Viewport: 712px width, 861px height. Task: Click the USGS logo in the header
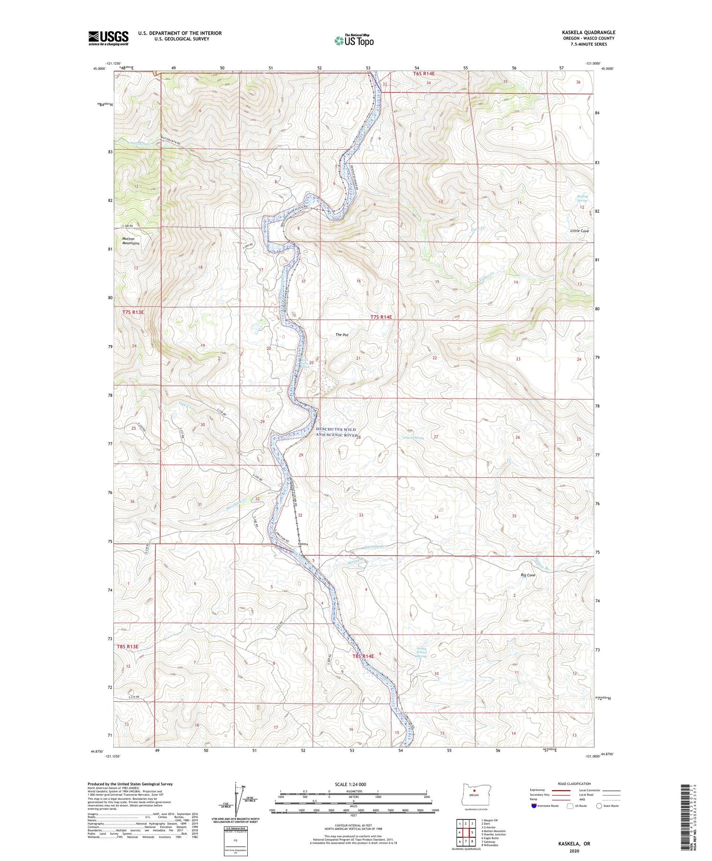pos(108,38)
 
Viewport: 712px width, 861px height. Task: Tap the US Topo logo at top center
pos(354,40)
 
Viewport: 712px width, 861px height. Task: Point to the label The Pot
pos(342,335)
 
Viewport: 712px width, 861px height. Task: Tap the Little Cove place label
pos(580,231)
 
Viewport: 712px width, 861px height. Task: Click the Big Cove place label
pos(528,575)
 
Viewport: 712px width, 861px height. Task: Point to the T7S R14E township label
pos(382,317)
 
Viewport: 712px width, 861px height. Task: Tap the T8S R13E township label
pos(127,646)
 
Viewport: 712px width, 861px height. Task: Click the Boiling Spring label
pos(582,198)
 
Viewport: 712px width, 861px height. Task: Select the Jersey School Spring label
pos(422,652)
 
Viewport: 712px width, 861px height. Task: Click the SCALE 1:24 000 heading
pos(353,784)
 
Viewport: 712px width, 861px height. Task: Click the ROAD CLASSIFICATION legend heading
pos(574,784)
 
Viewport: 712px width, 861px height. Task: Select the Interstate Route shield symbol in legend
pos(534,806)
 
